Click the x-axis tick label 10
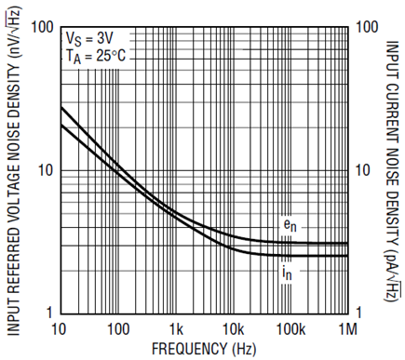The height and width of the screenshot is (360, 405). [59, 329]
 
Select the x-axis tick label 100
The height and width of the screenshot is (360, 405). [118, 329]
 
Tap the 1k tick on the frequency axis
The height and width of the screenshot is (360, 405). [176, 329]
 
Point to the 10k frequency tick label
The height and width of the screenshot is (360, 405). [234, 329]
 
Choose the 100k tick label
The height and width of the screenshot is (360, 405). [290, 329]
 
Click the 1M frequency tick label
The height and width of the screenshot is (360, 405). [347, 329]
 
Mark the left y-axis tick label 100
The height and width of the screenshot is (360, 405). [42, 28]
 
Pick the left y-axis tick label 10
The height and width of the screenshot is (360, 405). [47, 170]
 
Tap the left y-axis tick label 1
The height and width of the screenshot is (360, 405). [49, 313]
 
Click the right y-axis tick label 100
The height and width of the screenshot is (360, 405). [367, 27]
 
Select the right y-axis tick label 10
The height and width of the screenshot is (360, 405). [363, 170]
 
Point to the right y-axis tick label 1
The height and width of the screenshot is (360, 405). [358, 313]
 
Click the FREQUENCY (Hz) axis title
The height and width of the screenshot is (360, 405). [204, 349]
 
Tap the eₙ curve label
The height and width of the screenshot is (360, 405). [290, 226]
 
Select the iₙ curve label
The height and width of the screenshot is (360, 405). [287, 273]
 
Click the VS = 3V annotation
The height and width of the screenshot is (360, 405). [89, 40]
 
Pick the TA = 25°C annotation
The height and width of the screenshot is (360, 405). [96, 57]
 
